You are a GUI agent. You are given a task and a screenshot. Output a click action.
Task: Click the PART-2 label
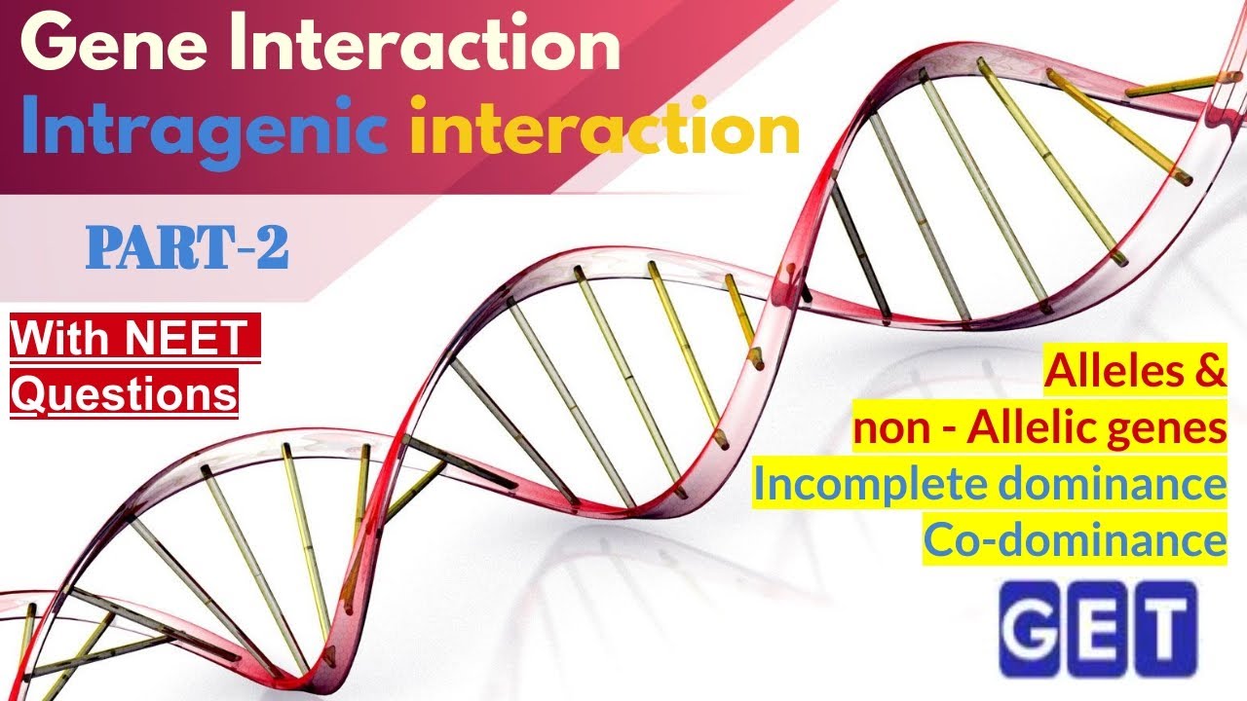[x=187, y=249]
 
